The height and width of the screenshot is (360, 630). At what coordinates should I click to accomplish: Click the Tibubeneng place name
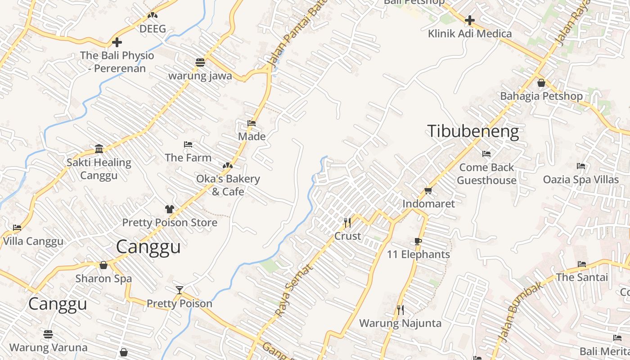point(473,131)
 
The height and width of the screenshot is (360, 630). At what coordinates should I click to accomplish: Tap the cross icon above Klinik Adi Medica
point(470,20)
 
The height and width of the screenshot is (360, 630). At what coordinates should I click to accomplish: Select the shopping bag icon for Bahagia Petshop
point(541,83)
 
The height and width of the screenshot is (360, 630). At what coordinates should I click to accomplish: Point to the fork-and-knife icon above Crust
point(347,223)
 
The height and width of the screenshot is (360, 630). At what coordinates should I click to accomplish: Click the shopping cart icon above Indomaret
point(428,191)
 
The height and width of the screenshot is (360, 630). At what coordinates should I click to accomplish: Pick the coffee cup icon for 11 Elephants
point(418,241)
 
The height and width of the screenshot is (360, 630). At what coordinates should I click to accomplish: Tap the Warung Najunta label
point(400,323)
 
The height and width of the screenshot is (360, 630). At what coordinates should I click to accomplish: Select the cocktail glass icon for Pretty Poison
point(180,290)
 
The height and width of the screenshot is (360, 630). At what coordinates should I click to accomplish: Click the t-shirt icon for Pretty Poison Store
point(170,209)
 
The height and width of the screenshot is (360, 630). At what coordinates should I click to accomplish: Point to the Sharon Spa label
point(103,278)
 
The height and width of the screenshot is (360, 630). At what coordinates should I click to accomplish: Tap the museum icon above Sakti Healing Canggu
point(99,149)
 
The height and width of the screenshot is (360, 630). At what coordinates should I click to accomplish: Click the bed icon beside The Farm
point(188,144)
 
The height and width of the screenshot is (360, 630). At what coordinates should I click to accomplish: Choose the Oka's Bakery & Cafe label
point(228,185)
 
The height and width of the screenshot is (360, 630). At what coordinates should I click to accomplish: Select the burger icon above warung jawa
point(200,62)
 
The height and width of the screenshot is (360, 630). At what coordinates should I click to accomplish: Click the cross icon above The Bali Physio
point(117,42)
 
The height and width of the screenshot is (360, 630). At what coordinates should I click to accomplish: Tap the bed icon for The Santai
point(582,264)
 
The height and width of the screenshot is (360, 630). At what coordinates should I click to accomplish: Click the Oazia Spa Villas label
point(580,180)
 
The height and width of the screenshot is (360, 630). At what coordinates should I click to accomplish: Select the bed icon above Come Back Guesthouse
point(486,154)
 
